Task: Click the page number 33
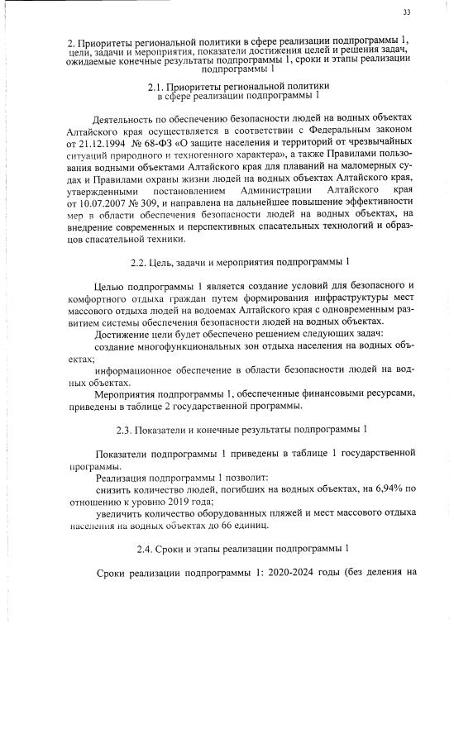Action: click(x=407, y=12)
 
